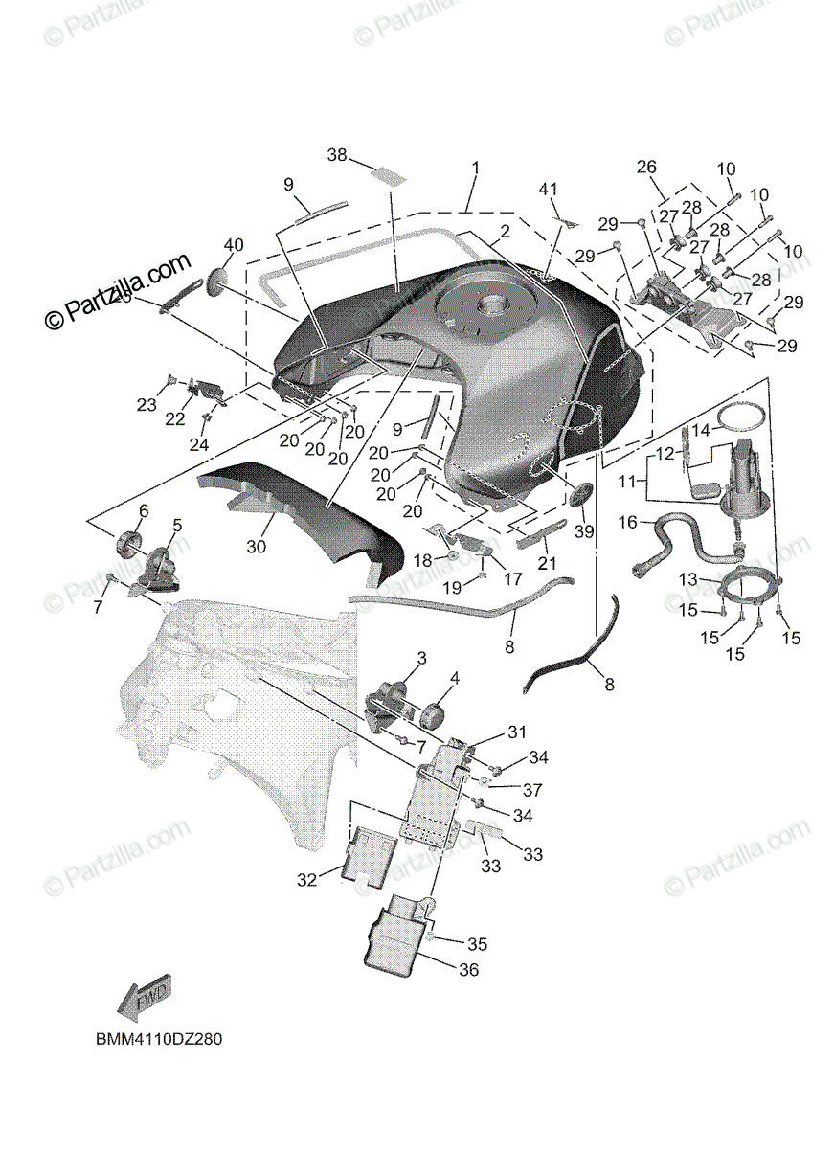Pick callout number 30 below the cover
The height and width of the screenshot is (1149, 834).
click(x=256, y=547)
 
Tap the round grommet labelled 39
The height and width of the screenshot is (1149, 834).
click(x=580, y=497)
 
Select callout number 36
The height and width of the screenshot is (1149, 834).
click(x=468, y=970)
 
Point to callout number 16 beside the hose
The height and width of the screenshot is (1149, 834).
click(x=627, y=522)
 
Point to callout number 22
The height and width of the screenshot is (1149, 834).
click(x=175, y=419)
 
